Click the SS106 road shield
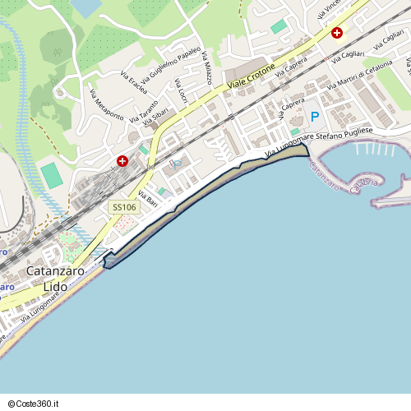[x=124, y=209]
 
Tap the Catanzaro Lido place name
[x=56, y=279]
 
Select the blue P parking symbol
[x=314, y=118]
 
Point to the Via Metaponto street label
[x=107, y=105]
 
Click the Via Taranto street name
[x=141, y=109]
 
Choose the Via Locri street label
[x=182, y=91]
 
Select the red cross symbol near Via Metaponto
[x=122, y=161]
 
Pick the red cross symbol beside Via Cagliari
[x=337, y=33]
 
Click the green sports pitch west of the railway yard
[x=51, y=174]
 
